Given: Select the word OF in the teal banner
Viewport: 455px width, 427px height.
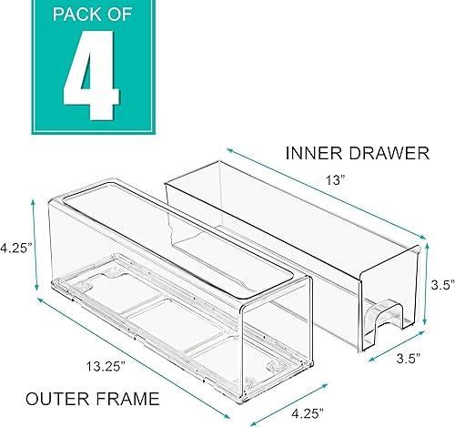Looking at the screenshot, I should click(119, 16).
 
